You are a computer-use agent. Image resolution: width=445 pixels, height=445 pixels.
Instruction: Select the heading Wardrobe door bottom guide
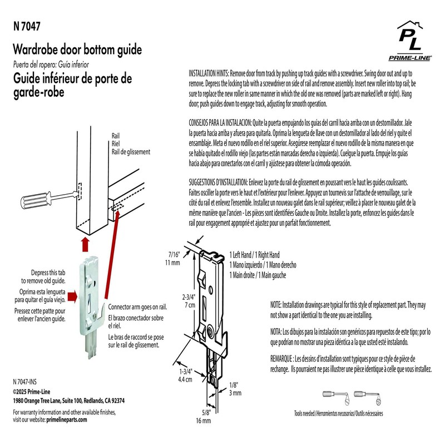(x=77, y=50)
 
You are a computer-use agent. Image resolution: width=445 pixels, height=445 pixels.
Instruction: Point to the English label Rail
(x=117, y=135)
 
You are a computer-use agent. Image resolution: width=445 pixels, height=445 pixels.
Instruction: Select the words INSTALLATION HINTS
(x=209, y=73)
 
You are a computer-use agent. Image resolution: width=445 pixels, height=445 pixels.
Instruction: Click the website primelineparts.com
(x=67, y=421)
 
